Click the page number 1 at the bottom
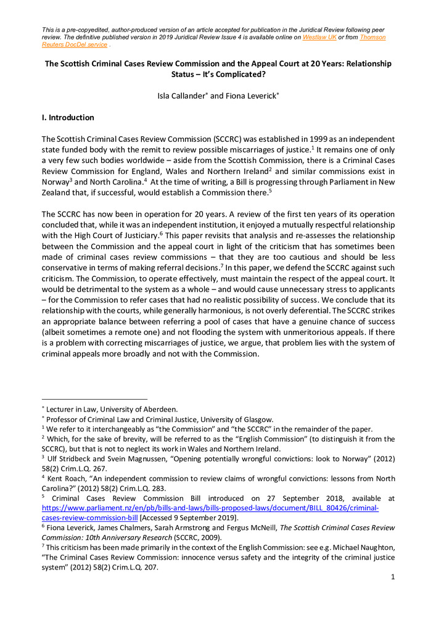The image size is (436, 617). coord(392,576)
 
